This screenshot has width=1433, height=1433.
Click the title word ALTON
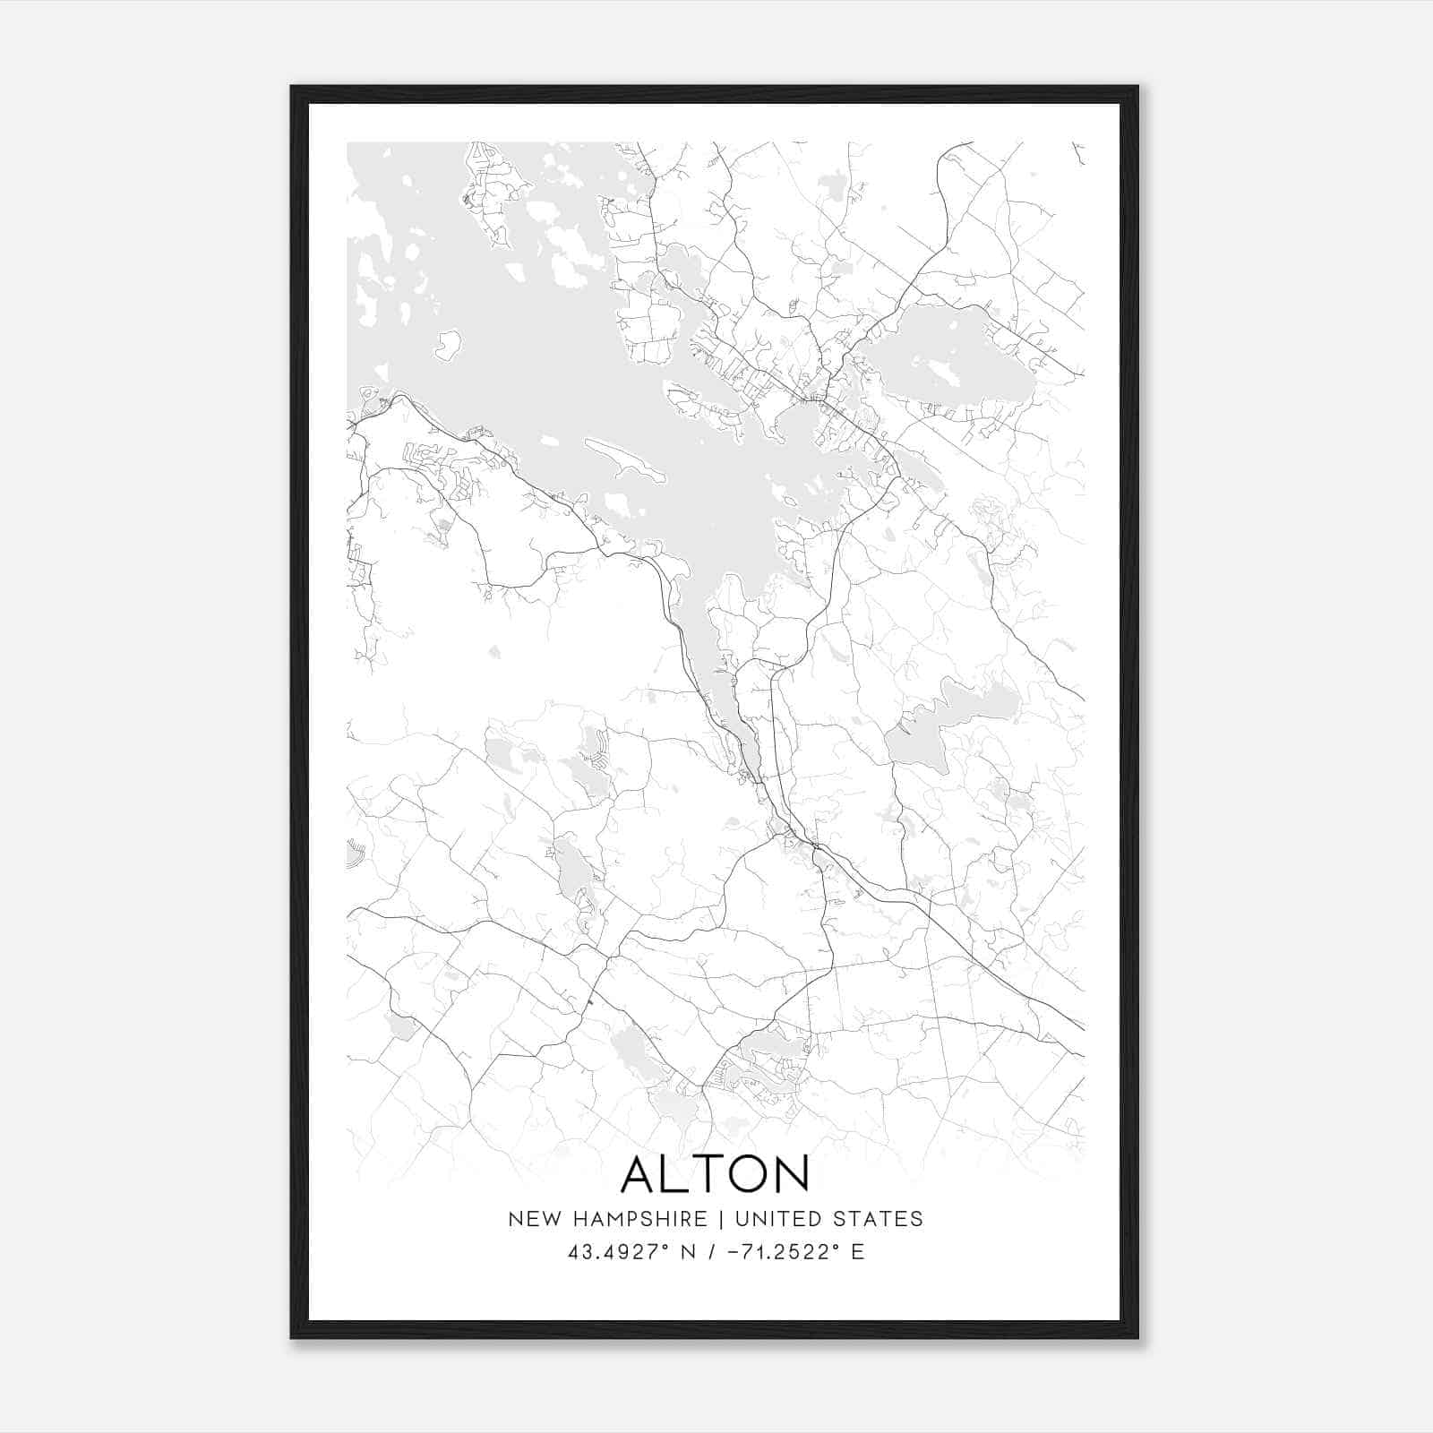(715, 1174)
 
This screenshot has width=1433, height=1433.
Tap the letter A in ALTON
(641, 1174)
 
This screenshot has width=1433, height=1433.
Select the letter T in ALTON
(707, 1174)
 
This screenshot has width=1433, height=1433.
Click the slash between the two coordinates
(710, 1252)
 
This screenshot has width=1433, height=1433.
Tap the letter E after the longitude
(857, 1252)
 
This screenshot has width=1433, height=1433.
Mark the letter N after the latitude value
(689, 1252)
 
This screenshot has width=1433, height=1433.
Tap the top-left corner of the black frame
(292, 88)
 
